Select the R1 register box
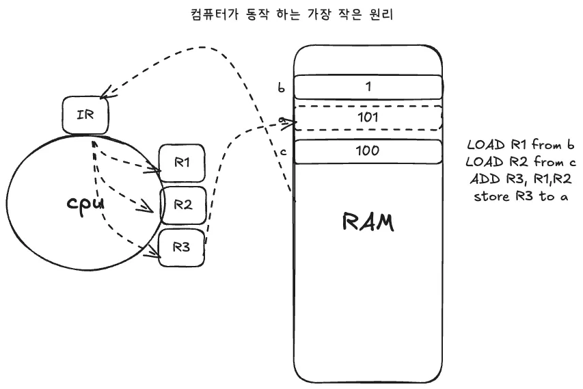(181, 163)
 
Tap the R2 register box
(182, 205)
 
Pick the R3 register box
(182, 247)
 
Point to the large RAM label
(367, 223)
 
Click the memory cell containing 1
(368, 88)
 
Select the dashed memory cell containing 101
(368, 118)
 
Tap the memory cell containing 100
(368, 151)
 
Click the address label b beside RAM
(281, 88)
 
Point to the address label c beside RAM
(282, 151)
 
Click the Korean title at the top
(292, 14)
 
